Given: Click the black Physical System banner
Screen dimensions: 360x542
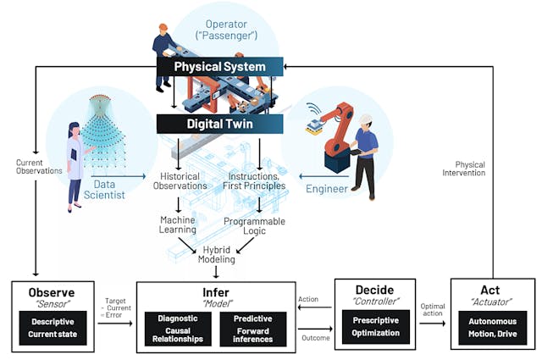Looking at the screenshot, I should (x=219, y=66).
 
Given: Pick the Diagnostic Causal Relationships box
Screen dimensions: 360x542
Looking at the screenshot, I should (x=178, y=329).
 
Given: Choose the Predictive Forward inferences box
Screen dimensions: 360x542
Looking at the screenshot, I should (x=252, y=329).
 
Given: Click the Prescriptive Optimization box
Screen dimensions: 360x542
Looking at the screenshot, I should (x=376, y=327).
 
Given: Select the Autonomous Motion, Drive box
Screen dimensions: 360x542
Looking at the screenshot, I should (x=492, y=327).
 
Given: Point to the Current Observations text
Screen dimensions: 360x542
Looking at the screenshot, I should (x=38, y=167).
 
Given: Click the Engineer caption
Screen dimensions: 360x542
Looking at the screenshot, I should (x=326, y=188).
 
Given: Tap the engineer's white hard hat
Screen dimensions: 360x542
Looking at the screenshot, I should (x=365, y=120).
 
